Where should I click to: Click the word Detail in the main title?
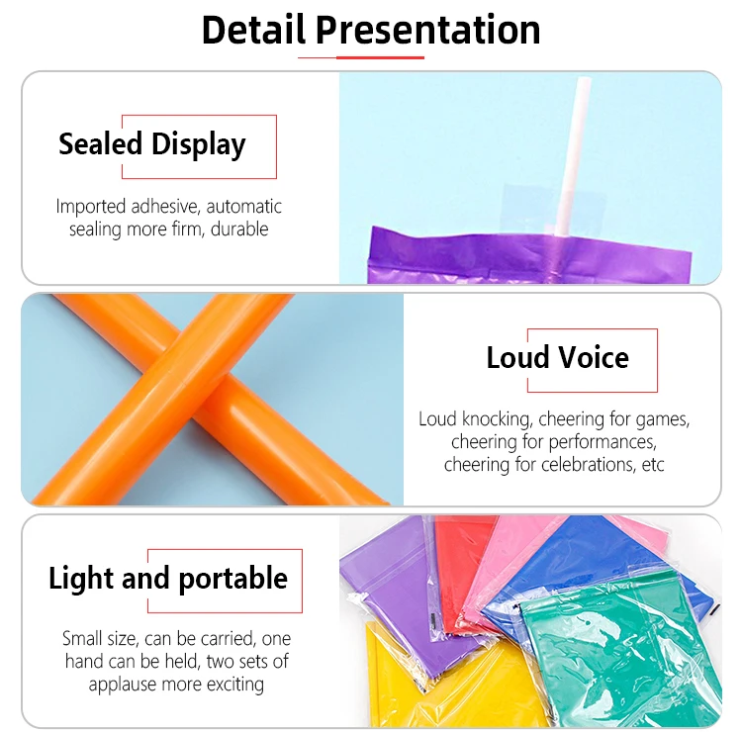click(253, 30)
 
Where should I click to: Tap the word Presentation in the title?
click(427, 30)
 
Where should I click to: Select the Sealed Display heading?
click(151, 144)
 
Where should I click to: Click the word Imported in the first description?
click(91, 207)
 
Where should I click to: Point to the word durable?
click(234, 229)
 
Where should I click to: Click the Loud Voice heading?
click(557, 357)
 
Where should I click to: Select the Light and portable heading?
click(168, 579)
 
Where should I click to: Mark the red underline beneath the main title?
click(361, 57)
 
